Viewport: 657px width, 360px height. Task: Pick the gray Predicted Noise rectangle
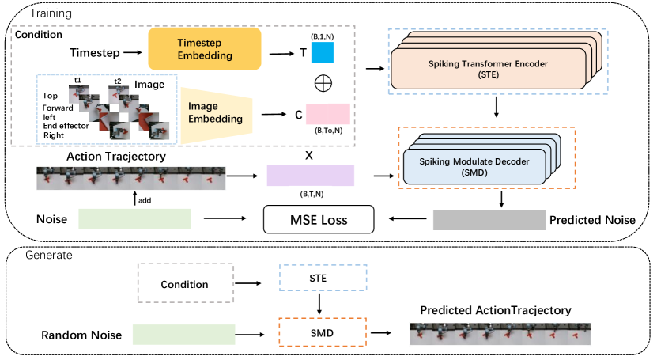pyautogui.click(x=485, y=219)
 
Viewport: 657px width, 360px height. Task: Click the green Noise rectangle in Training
pyautogui.click(x=135, y=219)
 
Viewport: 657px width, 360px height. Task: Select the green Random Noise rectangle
pyautogui.click(x=183, y=334)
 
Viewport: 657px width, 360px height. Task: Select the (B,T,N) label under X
pyautogui.click(x=311, y=194)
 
